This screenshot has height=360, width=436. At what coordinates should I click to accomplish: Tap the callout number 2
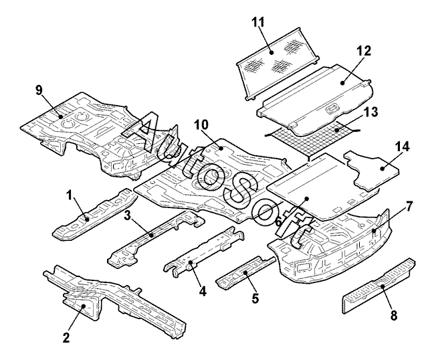pyautogui.click(x=66, y=337)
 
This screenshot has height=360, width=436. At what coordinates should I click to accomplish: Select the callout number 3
pyautogui.click(x=126, y=215)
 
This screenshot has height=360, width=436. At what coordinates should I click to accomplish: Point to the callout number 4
pyautogui.click(x=203, y=291)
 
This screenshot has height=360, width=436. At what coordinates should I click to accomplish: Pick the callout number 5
pyautogui.click(x=254, y=298)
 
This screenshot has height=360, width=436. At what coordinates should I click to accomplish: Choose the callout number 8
pyautogui.click(x=395, y=314)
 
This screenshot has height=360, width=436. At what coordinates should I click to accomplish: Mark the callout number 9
pyautogui.click(x=39, y=89)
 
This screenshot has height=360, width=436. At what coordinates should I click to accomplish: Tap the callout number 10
pyautogui.click(x=201, y=124)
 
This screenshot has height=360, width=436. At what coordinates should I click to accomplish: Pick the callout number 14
pyautogui.click(x=403, y=145)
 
